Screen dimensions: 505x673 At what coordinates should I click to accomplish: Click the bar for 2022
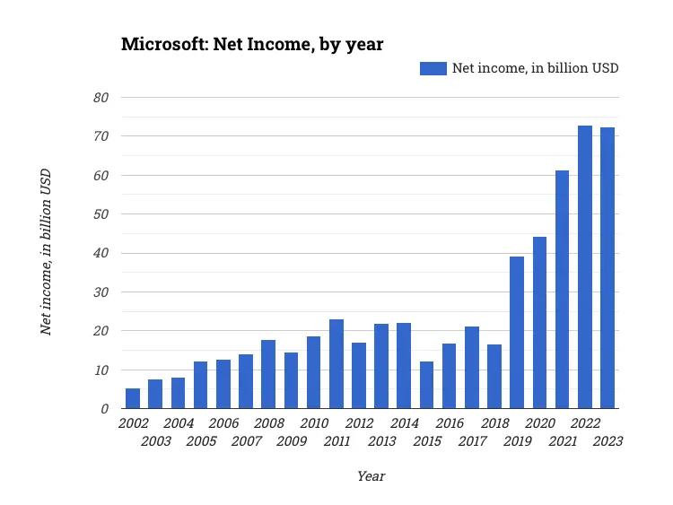pos(585,267)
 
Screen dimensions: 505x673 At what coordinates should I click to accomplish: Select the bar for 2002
pos(133,398)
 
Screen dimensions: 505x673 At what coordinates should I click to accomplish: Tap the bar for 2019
pos(517,333)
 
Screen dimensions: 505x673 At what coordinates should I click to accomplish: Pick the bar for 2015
pos(426,385)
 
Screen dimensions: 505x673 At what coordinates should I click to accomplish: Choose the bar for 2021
pos(563,290)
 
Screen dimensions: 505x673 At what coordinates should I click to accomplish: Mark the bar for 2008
pos(268,374)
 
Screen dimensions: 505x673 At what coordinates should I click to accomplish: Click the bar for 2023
pos(607,268)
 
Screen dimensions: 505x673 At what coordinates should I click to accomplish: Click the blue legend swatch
pos(433,68)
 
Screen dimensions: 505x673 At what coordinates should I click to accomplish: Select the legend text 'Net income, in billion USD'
pos(535,68)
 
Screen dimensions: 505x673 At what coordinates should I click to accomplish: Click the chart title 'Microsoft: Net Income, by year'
pos(252,44)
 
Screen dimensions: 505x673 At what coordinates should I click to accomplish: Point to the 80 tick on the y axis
pos(102,97)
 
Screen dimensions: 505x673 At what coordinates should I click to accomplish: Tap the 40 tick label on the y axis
pos(102,253)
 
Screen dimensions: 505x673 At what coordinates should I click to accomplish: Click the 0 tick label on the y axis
pos(106,409)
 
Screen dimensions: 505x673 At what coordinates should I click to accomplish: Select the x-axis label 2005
pos(201,440)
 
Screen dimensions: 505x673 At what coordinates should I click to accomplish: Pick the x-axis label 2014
pos(404,423)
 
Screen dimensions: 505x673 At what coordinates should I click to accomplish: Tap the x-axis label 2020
pos(539,423)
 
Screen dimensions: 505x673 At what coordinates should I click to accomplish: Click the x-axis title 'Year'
pos(371,476)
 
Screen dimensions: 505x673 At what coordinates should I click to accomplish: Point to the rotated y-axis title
pos(46,252)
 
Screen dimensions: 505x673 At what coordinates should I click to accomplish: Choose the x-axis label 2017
pos(472,440)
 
